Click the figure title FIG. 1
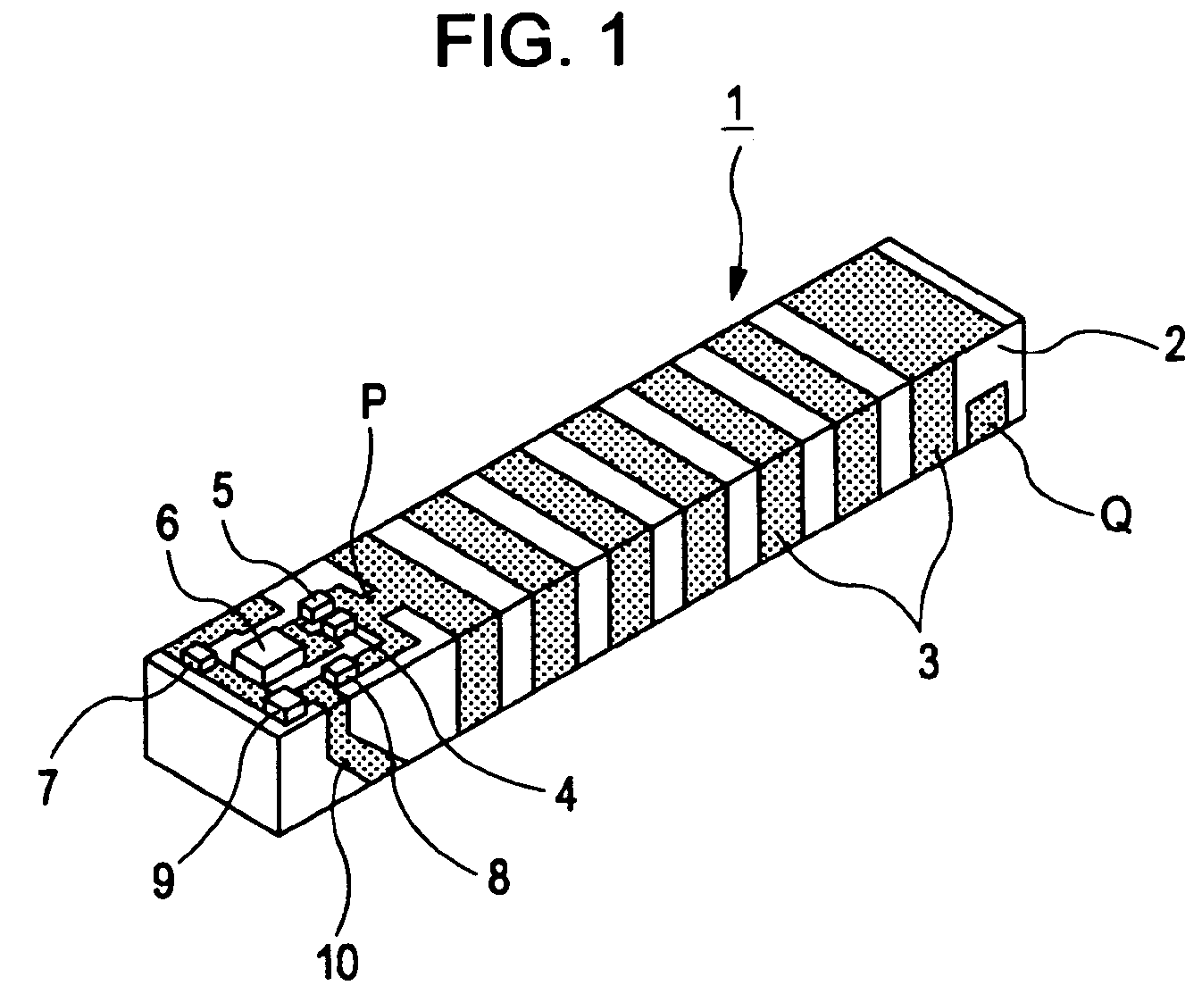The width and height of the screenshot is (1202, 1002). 531,41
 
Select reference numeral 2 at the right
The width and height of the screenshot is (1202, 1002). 1173,344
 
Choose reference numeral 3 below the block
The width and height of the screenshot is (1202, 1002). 928,663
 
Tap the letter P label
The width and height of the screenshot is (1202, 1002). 373,401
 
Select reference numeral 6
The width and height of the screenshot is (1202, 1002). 168,528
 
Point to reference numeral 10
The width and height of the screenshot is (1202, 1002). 338,961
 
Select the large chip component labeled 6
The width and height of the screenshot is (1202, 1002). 266,655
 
